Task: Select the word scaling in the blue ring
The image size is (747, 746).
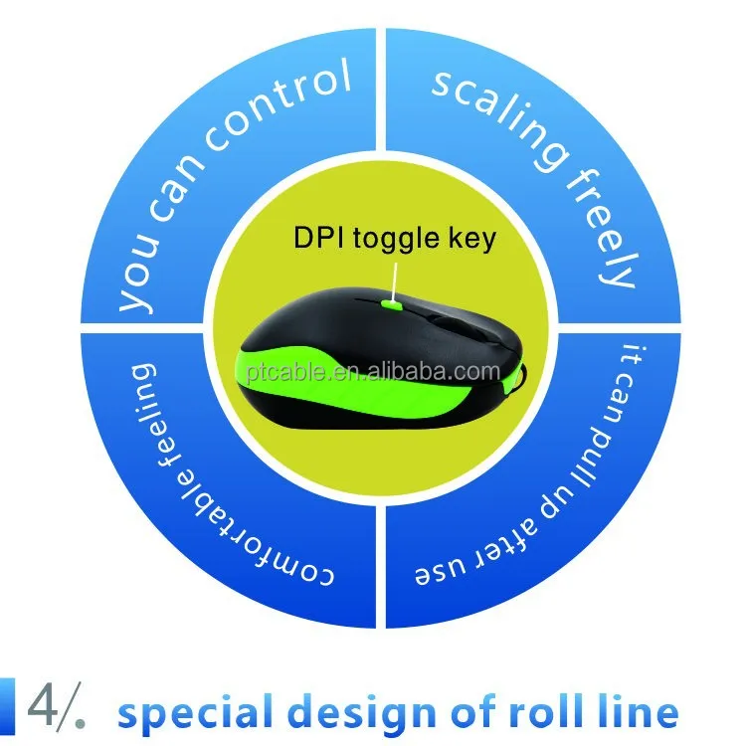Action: pos(497,118)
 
